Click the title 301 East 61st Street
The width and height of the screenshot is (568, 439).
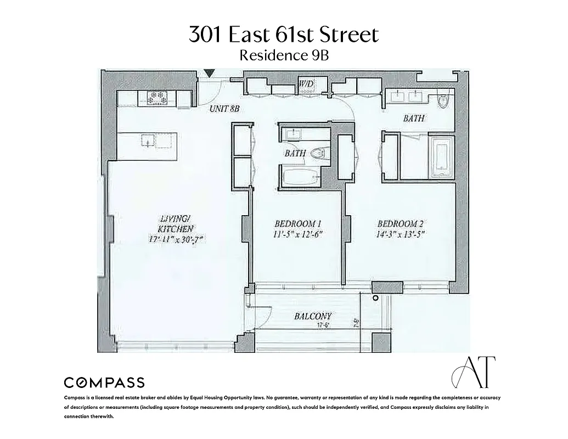284,35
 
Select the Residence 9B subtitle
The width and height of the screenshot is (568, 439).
284,55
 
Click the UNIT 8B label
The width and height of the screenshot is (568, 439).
225,109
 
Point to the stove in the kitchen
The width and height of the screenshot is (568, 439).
157,98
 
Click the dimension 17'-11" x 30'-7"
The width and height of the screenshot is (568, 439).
175,239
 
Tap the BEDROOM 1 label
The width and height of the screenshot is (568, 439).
297,224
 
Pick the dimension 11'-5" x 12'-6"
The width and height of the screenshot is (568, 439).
297,234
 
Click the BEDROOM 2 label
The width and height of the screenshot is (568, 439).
400,224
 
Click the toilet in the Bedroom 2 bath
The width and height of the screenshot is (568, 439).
443,100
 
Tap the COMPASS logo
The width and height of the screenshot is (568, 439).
104,382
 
